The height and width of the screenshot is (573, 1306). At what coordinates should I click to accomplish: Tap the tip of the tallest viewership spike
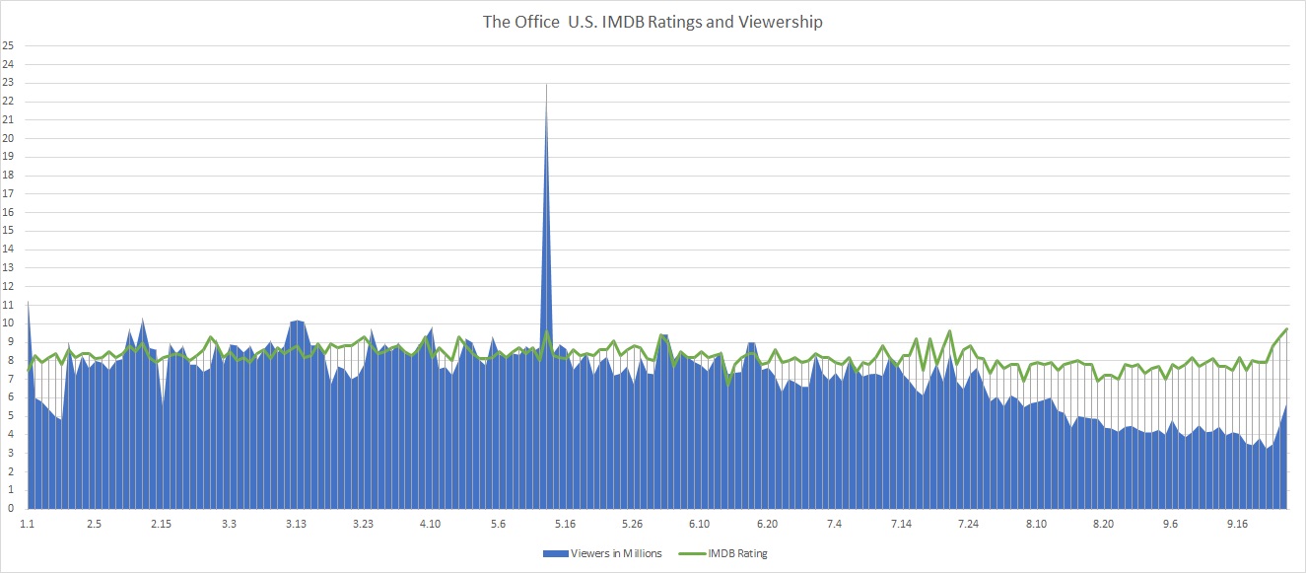pyautogui.click(x=546, y=85)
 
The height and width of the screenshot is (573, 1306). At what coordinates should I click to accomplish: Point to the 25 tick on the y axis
pyautogui.click(x=9, y=45)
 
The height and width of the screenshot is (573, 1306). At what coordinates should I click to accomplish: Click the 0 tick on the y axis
pyautogui.click(x=9, y=509)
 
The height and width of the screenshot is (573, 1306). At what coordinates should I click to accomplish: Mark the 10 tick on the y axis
pyautogui.click(x=9, y=323)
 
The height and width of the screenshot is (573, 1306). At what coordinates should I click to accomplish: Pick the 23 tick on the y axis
pyautogui.click(x=9, y=83)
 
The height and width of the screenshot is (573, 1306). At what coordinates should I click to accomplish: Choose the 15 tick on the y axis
pyautogui.click(x=9, y=231)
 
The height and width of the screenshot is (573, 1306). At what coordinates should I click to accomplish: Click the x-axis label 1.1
pyautogui.click(x=27, y=524)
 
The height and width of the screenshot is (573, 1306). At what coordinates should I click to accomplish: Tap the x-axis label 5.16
pyautogui.click(x=565, y=524)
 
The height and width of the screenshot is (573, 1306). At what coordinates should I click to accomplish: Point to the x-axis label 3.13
pyautogui.click(x=296, y=524)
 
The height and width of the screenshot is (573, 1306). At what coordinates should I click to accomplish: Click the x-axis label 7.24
pyautogui.click(x=969, y=524)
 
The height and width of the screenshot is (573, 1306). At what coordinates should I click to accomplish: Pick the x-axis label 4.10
pyautogui.click(x=431, y=524)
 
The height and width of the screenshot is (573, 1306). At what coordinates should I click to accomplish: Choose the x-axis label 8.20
pyautogui.click(x=1103, y=524)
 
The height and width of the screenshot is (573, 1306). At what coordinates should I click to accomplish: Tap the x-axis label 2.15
pyautogui.click(x=162, y=524)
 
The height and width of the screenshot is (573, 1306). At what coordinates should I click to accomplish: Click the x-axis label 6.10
pyautogui.click(x=700, y=524)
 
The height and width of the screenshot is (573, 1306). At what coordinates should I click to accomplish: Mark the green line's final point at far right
pyautogui.click(x=1286, y=328)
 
